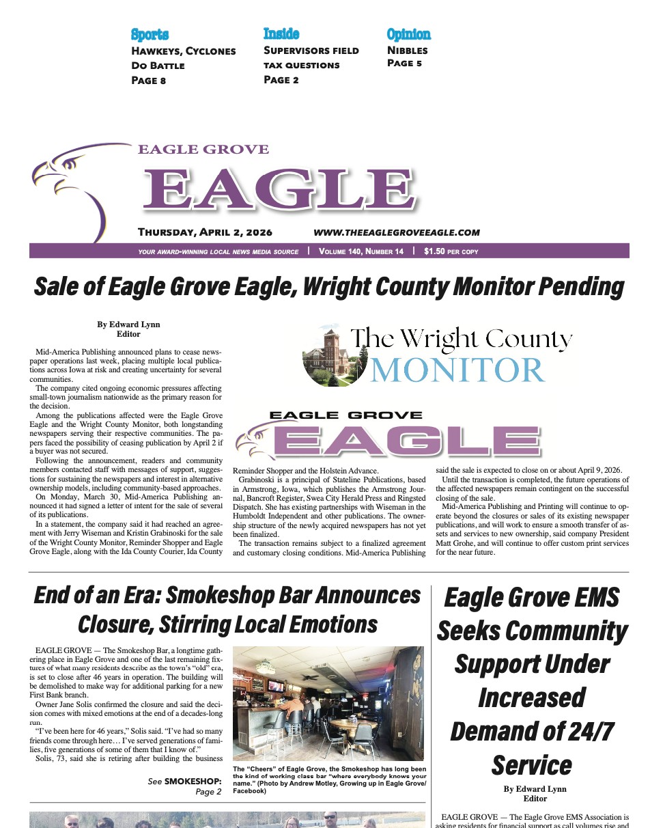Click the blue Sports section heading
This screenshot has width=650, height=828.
150,35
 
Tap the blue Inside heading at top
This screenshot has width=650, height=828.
281,33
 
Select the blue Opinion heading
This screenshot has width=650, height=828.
408,34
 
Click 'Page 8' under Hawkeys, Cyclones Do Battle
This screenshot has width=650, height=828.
148,81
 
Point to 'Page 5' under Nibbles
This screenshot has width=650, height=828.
404,64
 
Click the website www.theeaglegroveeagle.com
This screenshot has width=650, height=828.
396,232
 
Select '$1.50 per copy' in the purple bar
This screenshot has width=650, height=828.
451,251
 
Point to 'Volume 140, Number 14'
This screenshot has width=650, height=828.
361,251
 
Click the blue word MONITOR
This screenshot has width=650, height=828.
457,370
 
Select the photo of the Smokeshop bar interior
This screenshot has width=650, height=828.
328,703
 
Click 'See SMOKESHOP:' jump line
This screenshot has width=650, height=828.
184,781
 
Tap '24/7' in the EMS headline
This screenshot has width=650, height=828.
584,731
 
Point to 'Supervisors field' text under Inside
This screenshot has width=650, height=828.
311,51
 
